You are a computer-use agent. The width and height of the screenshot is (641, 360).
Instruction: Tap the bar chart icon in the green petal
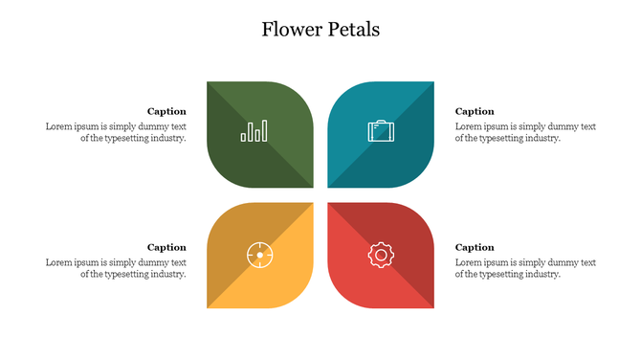coord(254,131)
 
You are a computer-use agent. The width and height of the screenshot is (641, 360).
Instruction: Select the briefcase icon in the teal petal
coord(381,131)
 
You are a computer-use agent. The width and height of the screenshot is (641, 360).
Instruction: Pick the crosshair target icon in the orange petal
coord(258,255)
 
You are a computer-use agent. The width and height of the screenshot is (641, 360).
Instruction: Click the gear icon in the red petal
coord(381,255)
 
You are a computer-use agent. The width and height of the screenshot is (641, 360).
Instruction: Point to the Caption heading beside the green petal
coord(166,111)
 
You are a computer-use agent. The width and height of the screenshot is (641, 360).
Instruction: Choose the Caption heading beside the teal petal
coord(475,111)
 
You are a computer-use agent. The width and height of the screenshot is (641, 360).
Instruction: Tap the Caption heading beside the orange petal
coord(166,247)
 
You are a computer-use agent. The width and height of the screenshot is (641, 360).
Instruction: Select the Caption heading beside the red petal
coord(475,247)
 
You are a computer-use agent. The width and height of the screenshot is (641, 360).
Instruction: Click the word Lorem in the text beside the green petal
coord(58,126)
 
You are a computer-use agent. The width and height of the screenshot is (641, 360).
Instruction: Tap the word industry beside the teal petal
coord(542,138)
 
